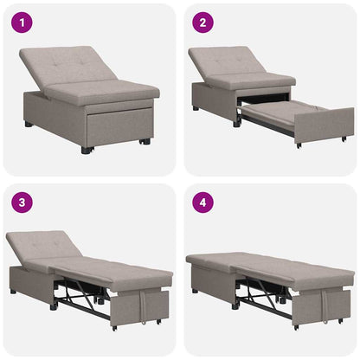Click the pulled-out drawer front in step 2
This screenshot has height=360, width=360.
pyautogui.click(x=324, y=126)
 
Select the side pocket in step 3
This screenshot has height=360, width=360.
pyautogui.click(x=153, y=305)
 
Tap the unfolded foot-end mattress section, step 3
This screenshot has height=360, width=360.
pyautogui.click(x=130, y=275)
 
